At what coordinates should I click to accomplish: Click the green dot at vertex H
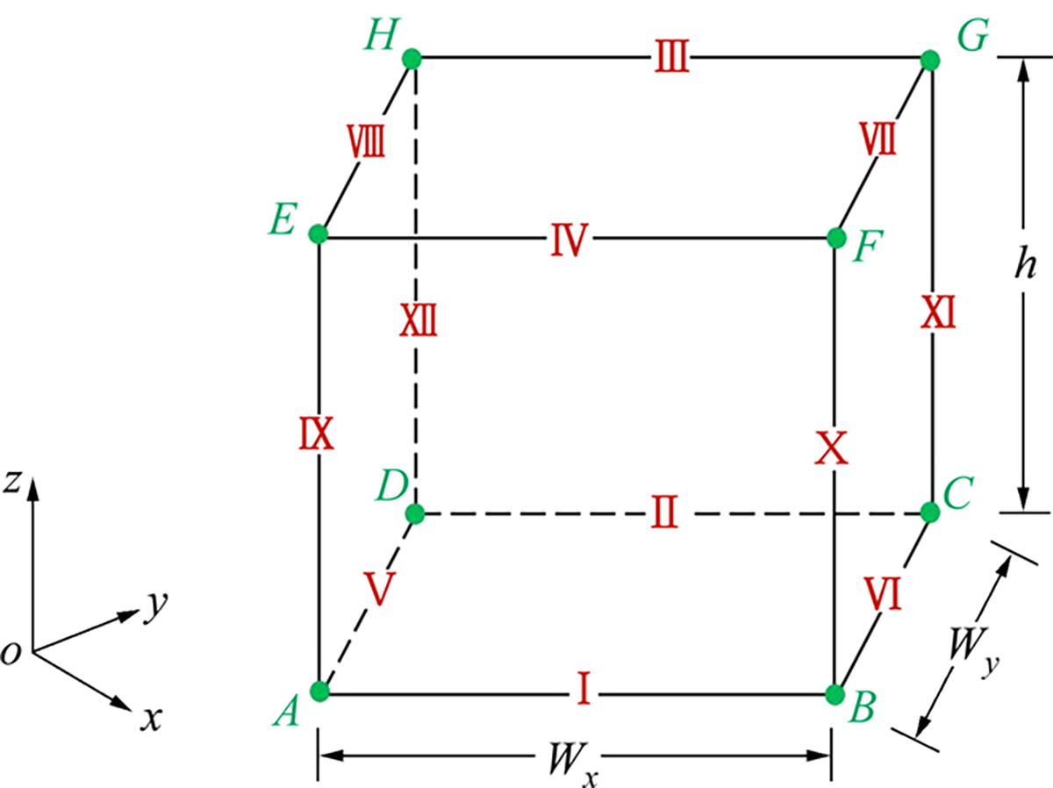(x=412, y=60)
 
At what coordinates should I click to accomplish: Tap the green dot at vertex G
(x=930, y=61)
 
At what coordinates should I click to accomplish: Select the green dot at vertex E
(x=318, y=234)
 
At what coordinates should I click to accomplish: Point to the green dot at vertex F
(x=836, y=238)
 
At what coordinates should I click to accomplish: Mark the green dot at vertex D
(x=415, y=513)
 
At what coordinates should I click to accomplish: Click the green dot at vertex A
(x=320, y=691)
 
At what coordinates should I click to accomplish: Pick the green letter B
(x=862, y=707)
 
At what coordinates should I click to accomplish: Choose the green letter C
(x=957, y=493)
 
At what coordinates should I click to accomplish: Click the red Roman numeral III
(x=672, y=56)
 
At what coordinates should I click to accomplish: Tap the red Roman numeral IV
(x=569, y=240)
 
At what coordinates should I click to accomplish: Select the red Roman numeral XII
(x=419, y=319)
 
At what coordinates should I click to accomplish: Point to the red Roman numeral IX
(x=316, y=433)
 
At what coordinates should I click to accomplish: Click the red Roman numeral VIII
(x=366, y=141)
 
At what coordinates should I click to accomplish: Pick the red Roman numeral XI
(x=938, y=312)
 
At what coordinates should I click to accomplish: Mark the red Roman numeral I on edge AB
(x=584, y=688)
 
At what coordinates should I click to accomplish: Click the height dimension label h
(x=1025, y=263)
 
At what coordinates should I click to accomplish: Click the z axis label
(x=12, y=482)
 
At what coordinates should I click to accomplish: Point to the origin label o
(x=11, y=653)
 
